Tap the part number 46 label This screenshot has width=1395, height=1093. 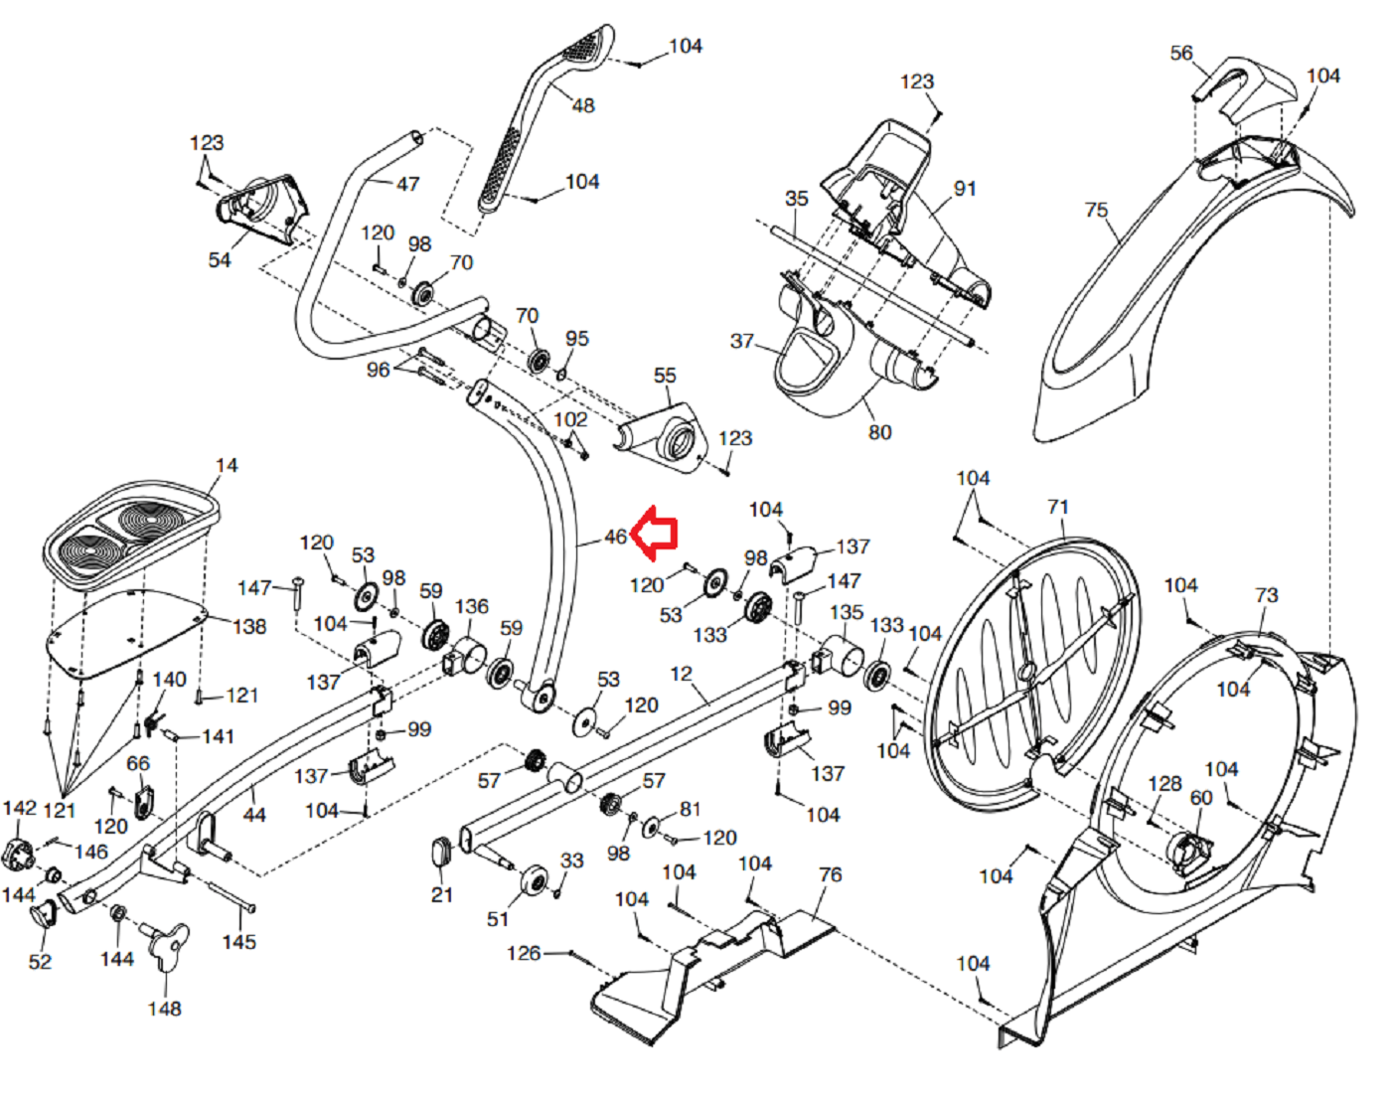coord(615,537)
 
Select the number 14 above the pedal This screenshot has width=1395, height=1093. coord(227,465)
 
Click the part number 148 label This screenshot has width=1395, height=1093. coord(165,1009)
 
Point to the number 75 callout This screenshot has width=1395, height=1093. coord(1097,210)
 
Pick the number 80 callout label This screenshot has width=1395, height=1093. coord(879,432)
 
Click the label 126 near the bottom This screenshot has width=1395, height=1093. coord(524,953)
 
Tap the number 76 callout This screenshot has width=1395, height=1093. coord(830,874)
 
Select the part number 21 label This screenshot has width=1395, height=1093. coord(442,894)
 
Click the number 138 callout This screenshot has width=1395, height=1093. coord(249,626)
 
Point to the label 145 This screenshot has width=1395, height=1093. coord(238,942)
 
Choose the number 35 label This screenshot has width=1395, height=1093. coord(796,199)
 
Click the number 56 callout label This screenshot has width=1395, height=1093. coord(1181,53)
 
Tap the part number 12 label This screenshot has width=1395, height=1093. coord(682,674)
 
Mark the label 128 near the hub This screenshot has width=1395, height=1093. coord(1165,783)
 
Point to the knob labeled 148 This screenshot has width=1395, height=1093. coord(167,945)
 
